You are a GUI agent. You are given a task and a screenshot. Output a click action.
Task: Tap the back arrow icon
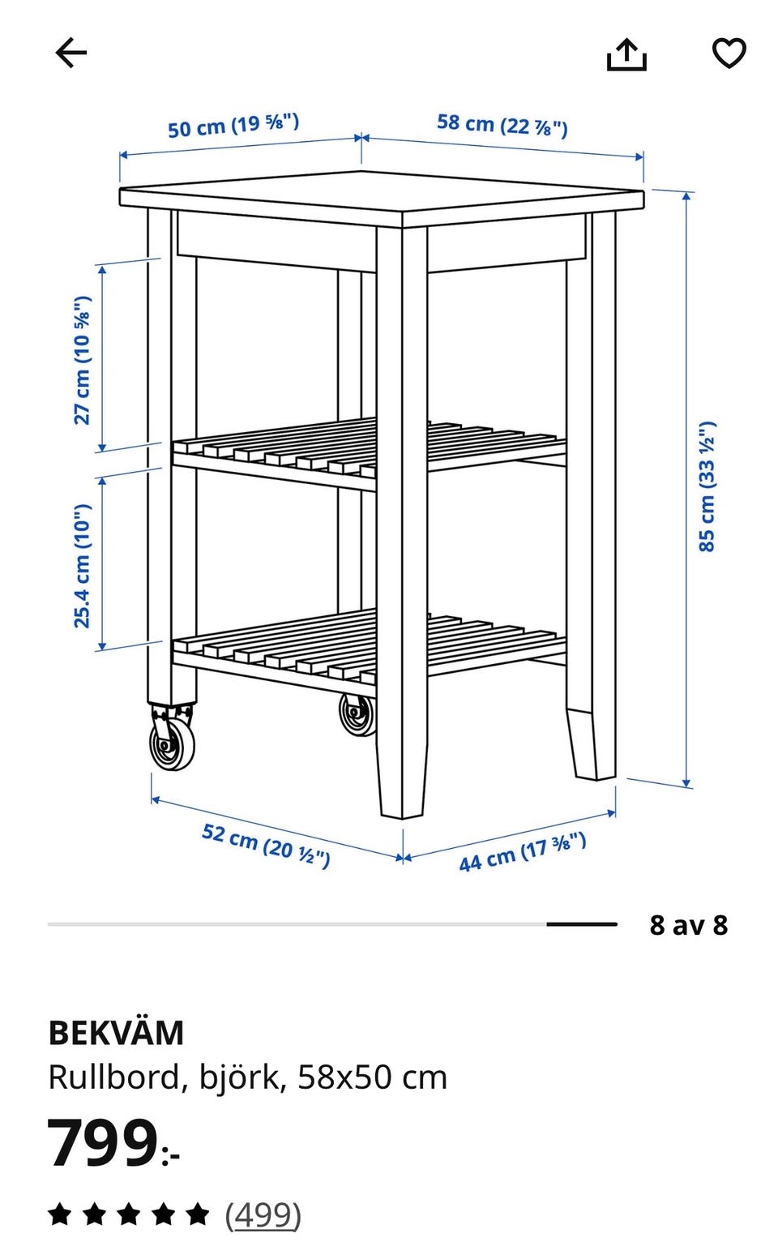pyautogui.click(x=71, y=53)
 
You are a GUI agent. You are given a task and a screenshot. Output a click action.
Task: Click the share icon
pyautogui.click(x=626, y=55)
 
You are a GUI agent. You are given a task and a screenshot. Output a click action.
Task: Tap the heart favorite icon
pyautogui.click(x=729, y=54)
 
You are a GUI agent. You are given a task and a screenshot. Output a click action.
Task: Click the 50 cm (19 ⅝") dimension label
pyautogui.click(x=233, y=126)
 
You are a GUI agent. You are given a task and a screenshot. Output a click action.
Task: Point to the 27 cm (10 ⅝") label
pyautogui.click(x=83, y=360)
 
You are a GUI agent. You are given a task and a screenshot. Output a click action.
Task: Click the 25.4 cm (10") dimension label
pyautogui.click(x=83, y=566)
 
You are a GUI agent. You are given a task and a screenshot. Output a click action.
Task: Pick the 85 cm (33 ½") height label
pyautogui.click(x=707, y=486)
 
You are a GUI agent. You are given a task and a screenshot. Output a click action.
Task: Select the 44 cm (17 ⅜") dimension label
pyautogui.click(x=523, y=851)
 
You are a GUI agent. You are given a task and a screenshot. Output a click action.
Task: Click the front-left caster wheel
pyautogui.click(x=172, y=741)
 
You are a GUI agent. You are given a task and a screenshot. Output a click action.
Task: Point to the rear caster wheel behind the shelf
pyautogui.click(x=357, y=715)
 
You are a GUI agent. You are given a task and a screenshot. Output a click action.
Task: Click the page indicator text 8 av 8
pyautogui.click(x=688, y=925)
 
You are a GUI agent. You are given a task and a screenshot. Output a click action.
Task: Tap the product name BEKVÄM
pyautogui.click(x=116, y=1032)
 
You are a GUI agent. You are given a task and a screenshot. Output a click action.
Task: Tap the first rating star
pyautogui.click(x=60, y=1214)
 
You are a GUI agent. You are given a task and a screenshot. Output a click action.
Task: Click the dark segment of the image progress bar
pyautogui.click(x=582, y=924)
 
